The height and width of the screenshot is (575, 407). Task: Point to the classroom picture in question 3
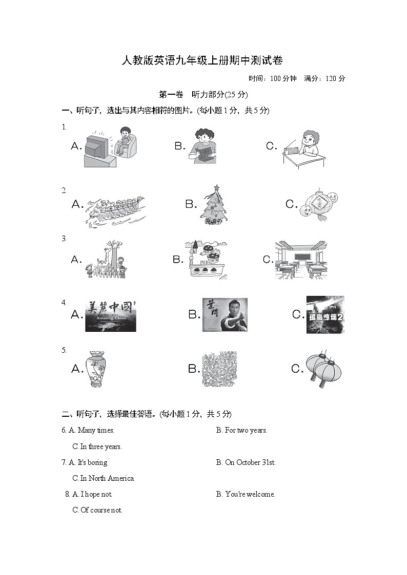click(x=301, y=260)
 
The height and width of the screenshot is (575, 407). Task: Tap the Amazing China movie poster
click(x=111, y=315)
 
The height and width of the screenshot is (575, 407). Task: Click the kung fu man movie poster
click(x=225, y=314)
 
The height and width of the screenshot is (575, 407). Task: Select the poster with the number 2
click(x=325, y=314)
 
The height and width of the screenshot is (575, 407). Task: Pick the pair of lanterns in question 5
click(x=323, y=369)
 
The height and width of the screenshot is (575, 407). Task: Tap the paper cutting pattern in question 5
click(x=219, y=369)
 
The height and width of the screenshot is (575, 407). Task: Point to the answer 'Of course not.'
click(x=101, y=510)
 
